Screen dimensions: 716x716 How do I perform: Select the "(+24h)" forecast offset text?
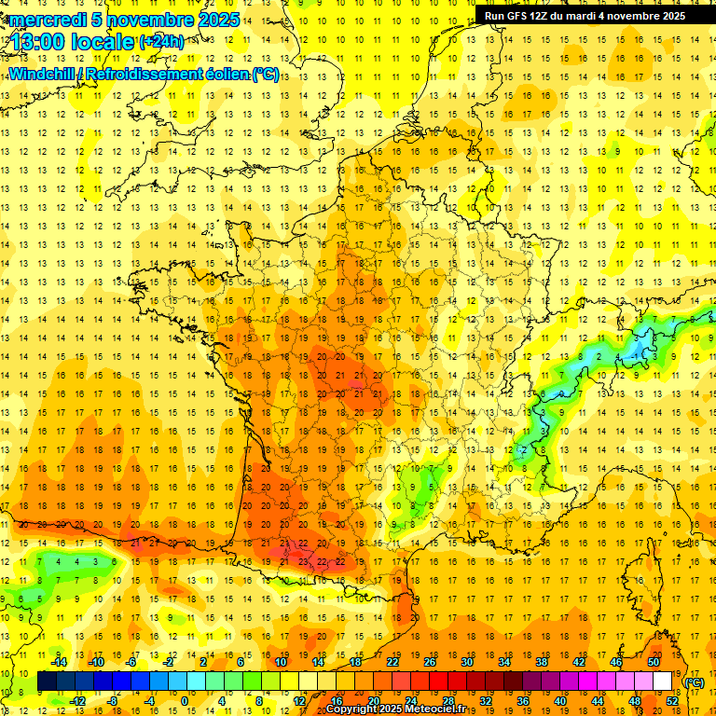pos(161,41)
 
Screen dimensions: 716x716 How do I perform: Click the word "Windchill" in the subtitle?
pos(41,74)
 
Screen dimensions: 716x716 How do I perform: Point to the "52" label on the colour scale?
pos(672,701)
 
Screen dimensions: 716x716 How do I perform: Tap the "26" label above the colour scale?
pos(430,662)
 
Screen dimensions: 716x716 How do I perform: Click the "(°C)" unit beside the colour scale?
pos(695,682)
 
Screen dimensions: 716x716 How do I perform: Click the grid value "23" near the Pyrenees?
pos(304,562)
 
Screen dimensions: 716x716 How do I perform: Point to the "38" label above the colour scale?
pos(542,662)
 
